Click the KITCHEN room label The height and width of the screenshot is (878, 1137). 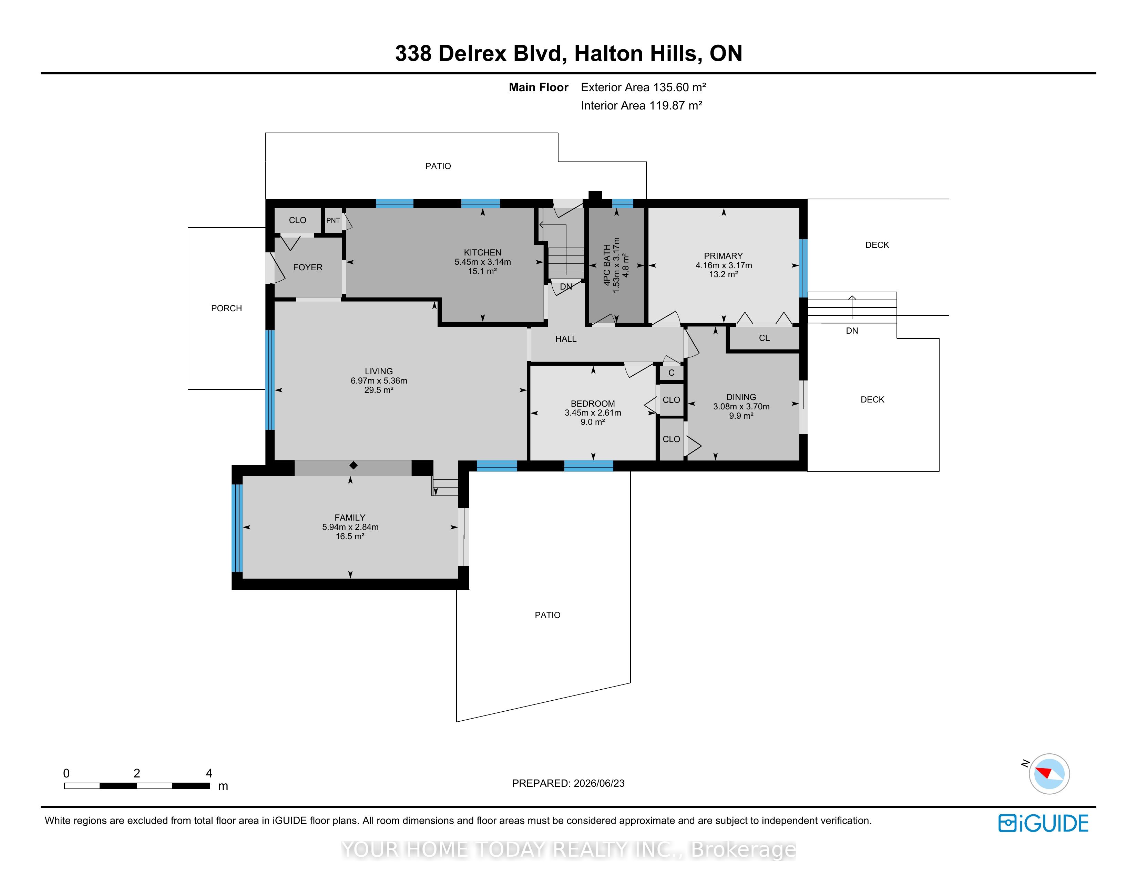[483, 253]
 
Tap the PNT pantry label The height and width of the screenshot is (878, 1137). [333, 221]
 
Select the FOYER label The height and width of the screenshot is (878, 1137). [308, 267]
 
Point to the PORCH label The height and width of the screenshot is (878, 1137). [226, 309]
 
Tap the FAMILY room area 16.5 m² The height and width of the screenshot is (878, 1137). [350, 536]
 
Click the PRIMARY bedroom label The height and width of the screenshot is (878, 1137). [723, 256]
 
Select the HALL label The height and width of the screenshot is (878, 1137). [566, 339]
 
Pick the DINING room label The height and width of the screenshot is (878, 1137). [741, 397]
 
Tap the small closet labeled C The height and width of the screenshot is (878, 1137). [671, 373]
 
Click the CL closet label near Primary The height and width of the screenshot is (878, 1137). [764, 338]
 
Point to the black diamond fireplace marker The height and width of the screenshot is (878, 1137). [354, 466]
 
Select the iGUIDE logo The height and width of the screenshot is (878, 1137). [1043, 823]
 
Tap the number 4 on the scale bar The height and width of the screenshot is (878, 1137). [209, 773]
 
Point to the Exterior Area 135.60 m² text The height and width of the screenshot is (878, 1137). [644, 87]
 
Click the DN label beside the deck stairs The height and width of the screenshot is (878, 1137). [852, 331]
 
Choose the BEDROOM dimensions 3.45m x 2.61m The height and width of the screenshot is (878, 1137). [593, 413]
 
